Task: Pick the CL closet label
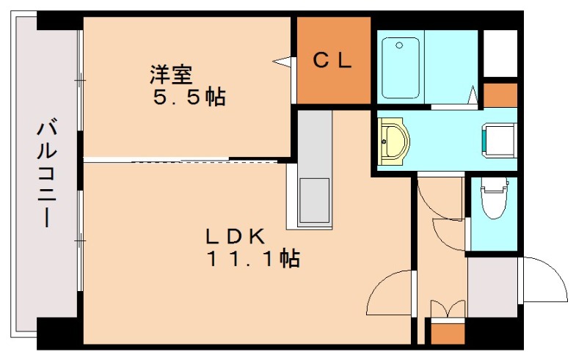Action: (332, 60)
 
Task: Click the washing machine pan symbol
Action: (499, 139)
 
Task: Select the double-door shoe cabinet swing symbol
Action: (448, 309)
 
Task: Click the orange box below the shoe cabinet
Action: (448, 334)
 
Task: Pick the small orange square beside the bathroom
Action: (500, 95)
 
